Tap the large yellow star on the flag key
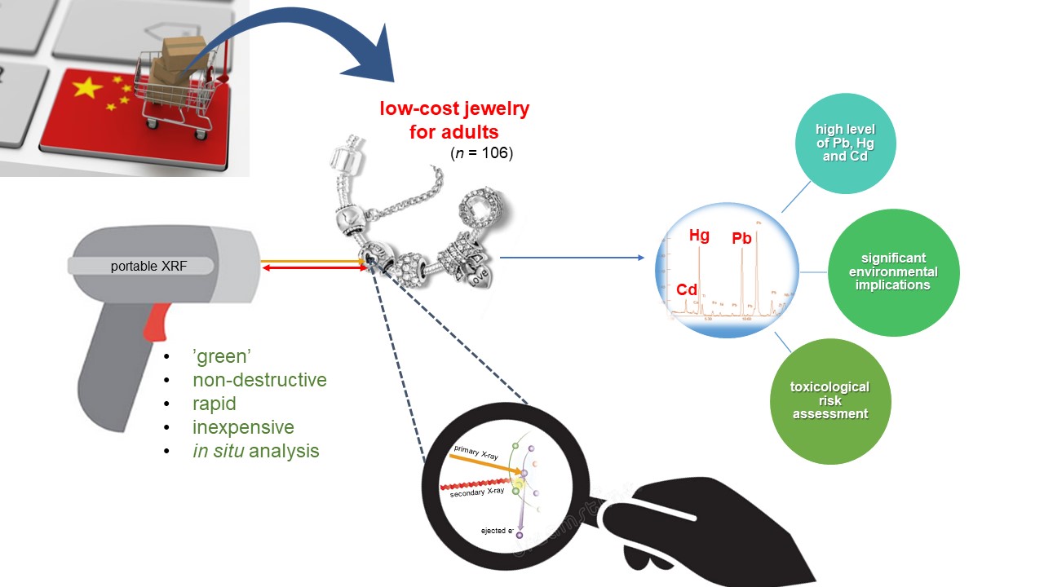click(x=88, y=87)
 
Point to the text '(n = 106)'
click(x=481, y=152)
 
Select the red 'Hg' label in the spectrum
click(x=699, y=236)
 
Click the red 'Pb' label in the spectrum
click(x=741, y=239)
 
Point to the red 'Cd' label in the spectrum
click(x=687, y=290)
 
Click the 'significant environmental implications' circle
click(x=893, y=272)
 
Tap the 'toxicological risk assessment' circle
click(x=830, y=400)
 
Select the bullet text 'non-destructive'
click(x=259, y=380)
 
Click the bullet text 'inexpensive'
click(x=243, y=427)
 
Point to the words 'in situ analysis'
click(x=255, y=451)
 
